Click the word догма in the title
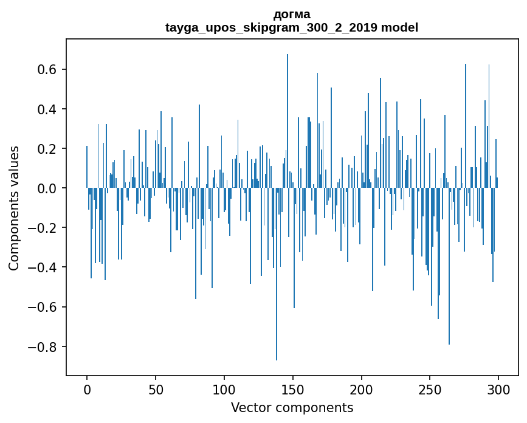click(292, 15)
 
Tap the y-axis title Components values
click(14, 208)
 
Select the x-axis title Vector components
click(292, 407)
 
